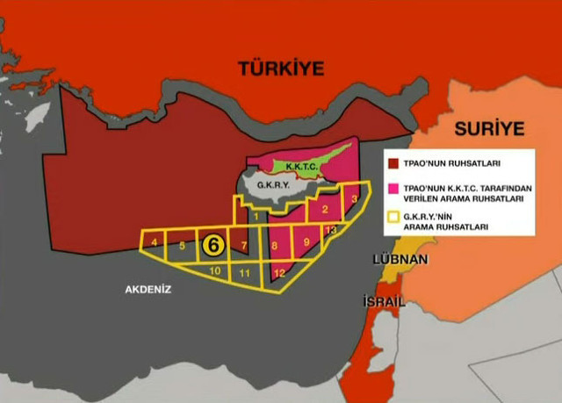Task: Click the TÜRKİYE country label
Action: coord(280,68)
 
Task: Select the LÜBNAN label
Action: coord(400,260)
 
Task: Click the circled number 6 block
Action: coord(213,245)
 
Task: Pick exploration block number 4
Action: coord(155,241)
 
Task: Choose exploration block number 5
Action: coord(182,246)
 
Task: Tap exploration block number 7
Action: coord(243,246)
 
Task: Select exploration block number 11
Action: coord(246,274)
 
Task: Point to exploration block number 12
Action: coord(279,273)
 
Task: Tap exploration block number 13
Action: coord(330,230)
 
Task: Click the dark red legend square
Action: coord(393,162)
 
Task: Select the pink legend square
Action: coord(393,189)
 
